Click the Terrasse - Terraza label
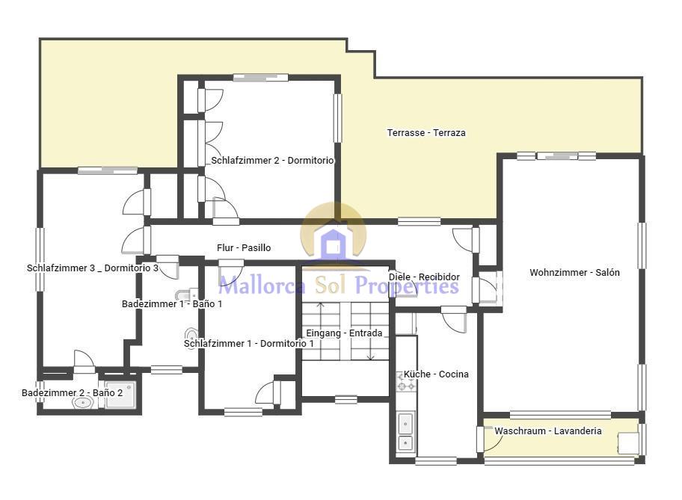click(426, 132)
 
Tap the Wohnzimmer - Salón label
click(574, 273)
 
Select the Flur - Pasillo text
click(244, 248)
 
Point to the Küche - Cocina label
click(436, 374)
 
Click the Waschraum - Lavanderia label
click(548, 431)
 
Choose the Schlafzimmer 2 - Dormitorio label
click(272, 161)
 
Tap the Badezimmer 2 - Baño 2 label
click(73, 392)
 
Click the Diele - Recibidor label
click(424, 277)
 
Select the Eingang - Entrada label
click(345, 333)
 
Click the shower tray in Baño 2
click(121, 395)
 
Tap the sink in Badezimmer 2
click(83, 403)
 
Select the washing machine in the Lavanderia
click(628, 443)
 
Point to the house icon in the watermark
click(334, 244)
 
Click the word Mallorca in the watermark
click(262, 286)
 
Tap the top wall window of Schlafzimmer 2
click(260, 78)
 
